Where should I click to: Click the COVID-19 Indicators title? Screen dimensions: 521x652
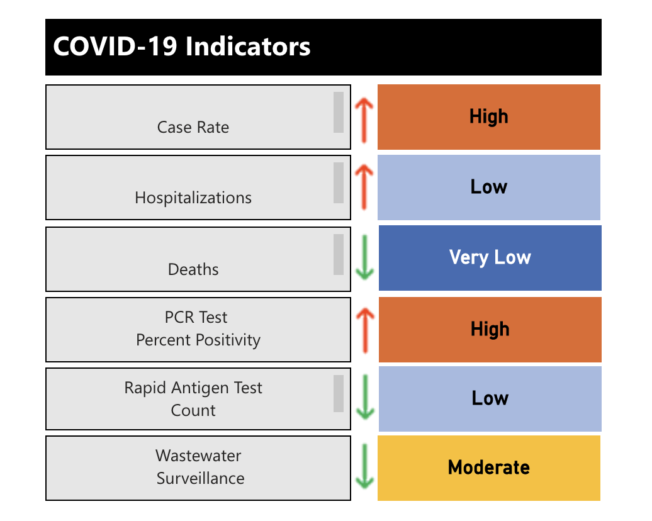(182, 47)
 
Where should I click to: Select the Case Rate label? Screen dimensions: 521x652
(193, 127)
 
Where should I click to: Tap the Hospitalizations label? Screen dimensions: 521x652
(193, 198)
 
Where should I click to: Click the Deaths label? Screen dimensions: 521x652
(193, 269)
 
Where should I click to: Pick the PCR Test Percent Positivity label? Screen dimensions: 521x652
(198, 328)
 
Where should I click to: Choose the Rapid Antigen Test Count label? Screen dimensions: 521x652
(193, 399)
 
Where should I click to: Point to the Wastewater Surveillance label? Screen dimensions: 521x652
(200, 467)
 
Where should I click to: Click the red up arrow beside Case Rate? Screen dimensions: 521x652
(364, 117)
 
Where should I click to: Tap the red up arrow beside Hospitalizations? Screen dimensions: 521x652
(364, 188)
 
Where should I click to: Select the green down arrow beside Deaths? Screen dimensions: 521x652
(364, 259)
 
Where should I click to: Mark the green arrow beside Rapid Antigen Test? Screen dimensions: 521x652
(364, 398)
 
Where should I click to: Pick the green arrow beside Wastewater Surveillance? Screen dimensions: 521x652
(364, 467)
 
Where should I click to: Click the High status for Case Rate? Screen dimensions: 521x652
(488, 117)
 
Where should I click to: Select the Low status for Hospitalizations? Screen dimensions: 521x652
(488, 188)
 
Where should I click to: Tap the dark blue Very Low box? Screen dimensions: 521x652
(490, 258)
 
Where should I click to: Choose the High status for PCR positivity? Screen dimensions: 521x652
(490, 329)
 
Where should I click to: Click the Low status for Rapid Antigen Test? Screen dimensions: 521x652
(490, 398)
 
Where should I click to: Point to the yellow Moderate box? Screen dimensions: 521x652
(488, 468)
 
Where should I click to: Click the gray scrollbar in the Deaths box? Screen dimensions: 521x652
(339, 254)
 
